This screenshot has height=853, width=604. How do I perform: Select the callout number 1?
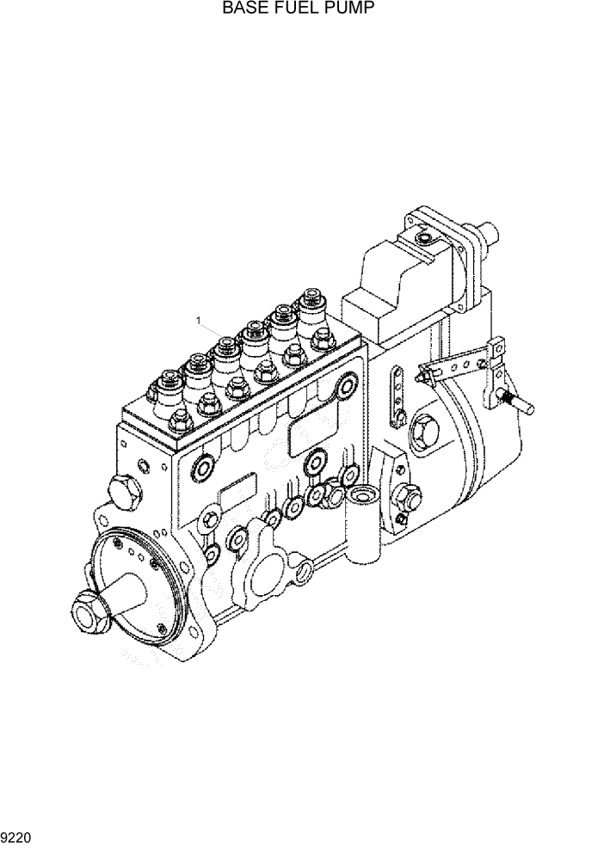[199, 321]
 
